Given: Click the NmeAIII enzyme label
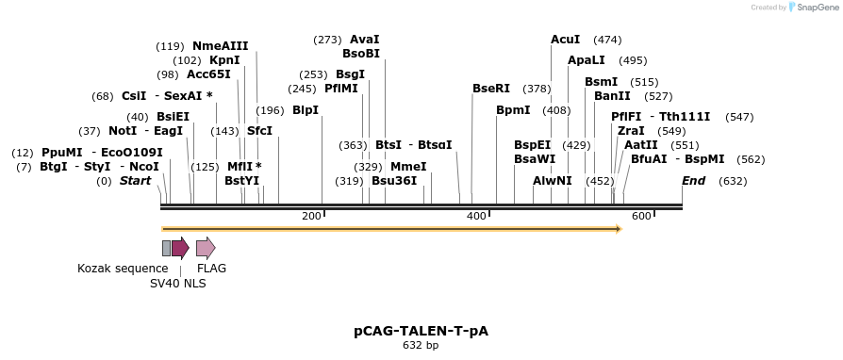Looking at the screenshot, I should [221, 45].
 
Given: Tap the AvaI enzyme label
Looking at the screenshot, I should [364, 40].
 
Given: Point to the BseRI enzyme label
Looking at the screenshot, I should [491, 89].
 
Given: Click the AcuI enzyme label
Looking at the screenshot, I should [566, 40].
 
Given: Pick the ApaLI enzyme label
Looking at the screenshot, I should [587, 60].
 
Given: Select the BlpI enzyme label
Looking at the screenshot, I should [306, 110].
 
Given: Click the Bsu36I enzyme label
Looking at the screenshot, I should [394, 181].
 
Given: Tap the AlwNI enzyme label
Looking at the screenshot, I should [553, 181].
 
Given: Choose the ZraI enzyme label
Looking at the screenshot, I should [631, 131].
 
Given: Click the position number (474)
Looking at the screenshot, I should [607, 40].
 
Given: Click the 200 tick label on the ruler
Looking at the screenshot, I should [311, 217].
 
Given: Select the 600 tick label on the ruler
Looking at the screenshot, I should [642, 217].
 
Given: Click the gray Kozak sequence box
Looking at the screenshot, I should [167, 248].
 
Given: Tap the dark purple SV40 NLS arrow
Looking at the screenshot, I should [180, 248].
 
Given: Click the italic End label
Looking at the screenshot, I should [693, 181].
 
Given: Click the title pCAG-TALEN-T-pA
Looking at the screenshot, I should [421, 331].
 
